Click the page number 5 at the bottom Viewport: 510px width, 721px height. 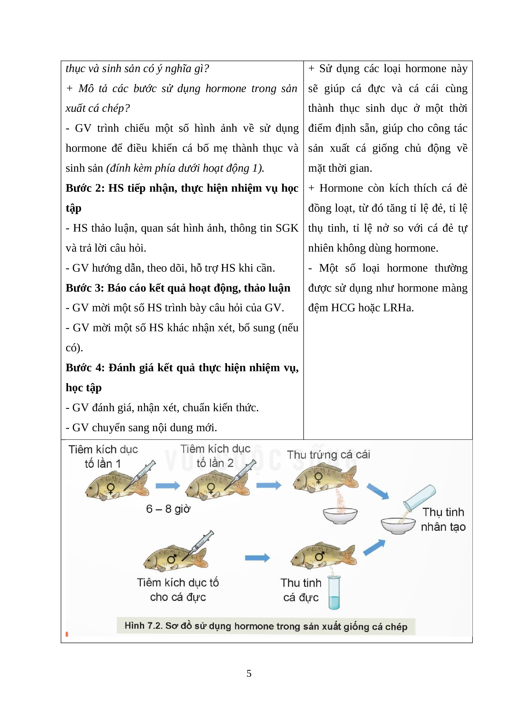click(249, 673)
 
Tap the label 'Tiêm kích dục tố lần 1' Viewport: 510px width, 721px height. click(103, 456)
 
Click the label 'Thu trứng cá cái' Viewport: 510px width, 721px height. click(328, 454)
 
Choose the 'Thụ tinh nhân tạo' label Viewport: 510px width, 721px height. click(443, 519)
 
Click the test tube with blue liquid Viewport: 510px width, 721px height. click(334, 592)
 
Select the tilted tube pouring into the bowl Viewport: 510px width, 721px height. click(419, 498)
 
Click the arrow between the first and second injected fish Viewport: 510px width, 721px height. click(168, 486)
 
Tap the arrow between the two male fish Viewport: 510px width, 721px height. click(257, 558)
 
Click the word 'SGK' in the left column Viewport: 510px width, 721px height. click(287, 228)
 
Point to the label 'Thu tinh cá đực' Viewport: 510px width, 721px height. click(301, 590)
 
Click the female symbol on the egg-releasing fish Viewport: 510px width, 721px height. click(318, 478)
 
